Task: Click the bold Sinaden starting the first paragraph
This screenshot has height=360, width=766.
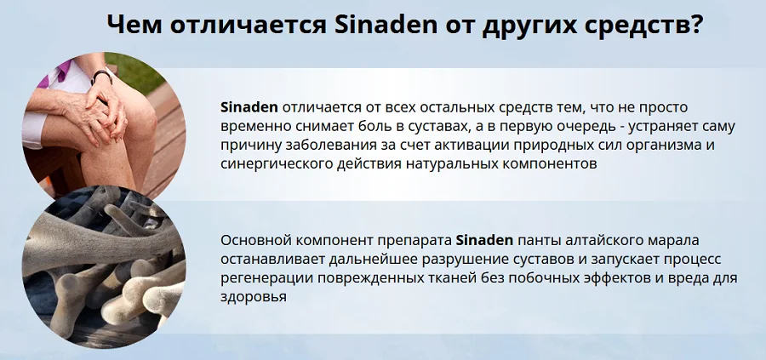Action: click(x=249, y=107)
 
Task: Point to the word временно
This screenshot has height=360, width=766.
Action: click(x=255, y=126)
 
